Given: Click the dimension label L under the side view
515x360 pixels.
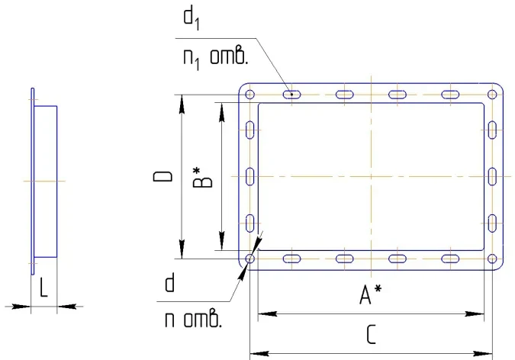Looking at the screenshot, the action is (x=43, y=287).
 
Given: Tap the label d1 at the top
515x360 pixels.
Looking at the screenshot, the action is (x=192, y=19).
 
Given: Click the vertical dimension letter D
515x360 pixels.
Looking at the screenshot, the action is (x=163, y=176).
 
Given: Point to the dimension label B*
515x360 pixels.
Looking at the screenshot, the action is (x=201, y=178).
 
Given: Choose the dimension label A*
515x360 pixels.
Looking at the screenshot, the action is (x=370, y=294).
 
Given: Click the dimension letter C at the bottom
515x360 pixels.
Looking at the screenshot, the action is (x=371, y=335).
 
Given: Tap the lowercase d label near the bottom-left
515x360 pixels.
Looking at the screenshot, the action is (x=169, y=284).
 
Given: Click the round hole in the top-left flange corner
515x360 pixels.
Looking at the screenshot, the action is (x=250, y=95).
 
